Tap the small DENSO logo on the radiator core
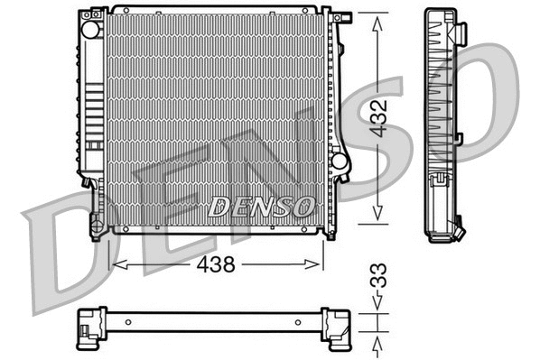261,207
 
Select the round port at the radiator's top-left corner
90,28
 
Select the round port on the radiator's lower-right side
340,161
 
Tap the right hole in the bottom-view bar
303,322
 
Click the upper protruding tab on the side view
461,34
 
